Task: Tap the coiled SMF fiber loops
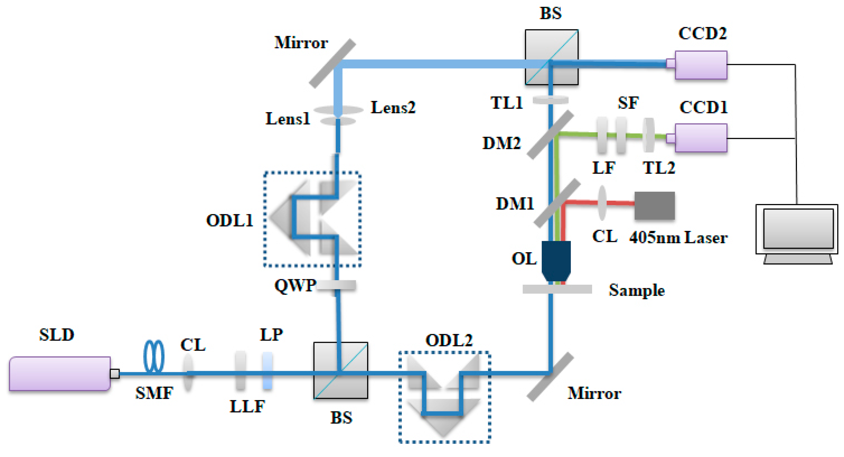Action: pos(154,356)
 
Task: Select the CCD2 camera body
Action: pos(701,65)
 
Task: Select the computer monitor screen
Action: pos(798,228)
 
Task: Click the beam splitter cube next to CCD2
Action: pos(551,57)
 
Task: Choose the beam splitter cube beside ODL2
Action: pos(340,370)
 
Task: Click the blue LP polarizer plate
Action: pos(267,371)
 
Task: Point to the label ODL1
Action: pos(229,221)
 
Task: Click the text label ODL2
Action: pos(449,340)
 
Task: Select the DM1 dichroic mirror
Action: pos(557,203)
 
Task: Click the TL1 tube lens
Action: pos(550,100)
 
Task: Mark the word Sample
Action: pos(637,290)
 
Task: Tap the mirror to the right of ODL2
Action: pos(550,377)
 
